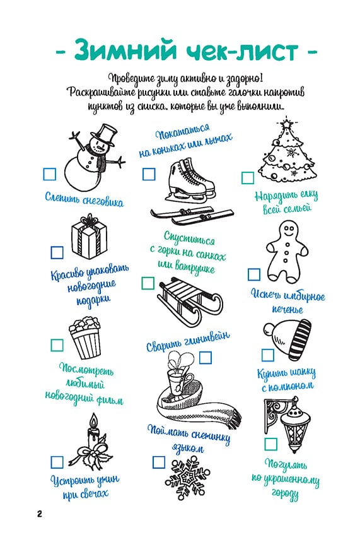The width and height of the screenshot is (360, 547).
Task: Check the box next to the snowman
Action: tap(49, 174)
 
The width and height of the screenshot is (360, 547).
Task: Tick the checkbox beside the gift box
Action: tap(57, 252)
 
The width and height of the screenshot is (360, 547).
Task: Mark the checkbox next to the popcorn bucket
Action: tap(57, 344)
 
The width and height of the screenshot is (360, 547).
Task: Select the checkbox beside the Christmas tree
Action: tap(248, 177)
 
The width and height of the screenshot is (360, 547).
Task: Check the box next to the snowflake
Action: tap(159, 462)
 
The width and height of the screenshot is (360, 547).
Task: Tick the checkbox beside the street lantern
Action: tap(270, 444)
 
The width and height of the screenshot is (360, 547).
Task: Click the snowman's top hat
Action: tap(105, 134)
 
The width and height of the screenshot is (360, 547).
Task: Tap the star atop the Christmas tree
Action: tap(286, 123)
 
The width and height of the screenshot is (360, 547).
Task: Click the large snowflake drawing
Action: tap(188, 477)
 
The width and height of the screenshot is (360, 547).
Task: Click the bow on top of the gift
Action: tap(90, 220)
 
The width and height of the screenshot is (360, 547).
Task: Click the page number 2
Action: tap(39, 514)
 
